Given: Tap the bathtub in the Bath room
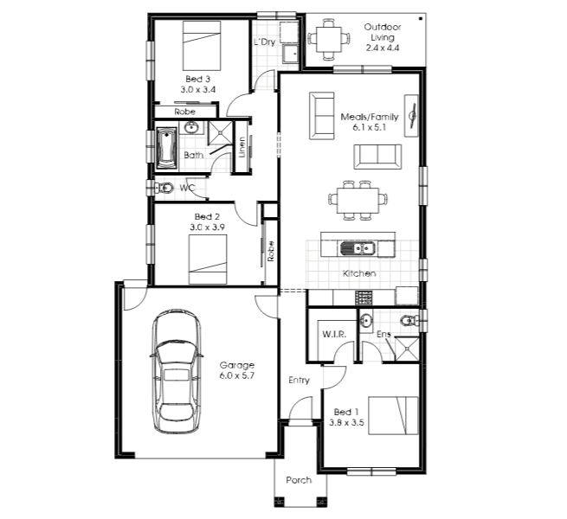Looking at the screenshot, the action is pyautogui.click(x=166, y=148).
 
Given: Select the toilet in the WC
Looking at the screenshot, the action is pyautogui.click(x=164, y=188).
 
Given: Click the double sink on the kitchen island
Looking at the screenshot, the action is pyautogui.click(x=358, y=248).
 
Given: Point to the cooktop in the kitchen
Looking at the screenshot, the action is pyautogui.click(x=364, y=298).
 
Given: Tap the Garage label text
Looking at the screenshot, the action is pyautogui.click(x=237, y=365).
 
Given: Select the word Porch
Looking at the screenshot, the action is pyautogui.click(x=299, y=480).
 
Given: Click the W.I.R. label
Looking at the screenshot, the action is pyautogui.click(x=334, y=334).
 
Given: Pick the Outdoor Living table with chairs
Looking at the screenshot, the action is pyautogui.click(x=329, y=39).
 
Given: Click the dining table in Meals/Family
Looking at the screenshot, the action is pyautogui.click(x=358, y=200).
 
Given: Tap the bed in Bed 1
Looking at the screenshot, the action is pyautogui.click(x=393, y=416).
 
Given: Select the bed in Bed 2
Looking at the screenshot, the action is pyautogui.click(x=208, y=259).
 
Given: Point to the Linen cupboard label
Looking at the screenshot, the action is pyautogui.click(x=242, y=147).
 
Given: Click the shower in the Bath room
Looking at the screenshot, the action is pyautogui.click(x=220, y=132).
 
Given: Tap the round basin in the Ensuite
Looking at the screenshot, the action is pyautogui.click(x=366, y=321).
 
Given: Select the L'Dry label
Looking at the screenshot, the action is pyautogui.click(x=265, y=42).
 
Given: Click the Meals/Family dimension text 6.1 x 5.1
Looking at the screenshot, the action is pyautogui.click(x=369, y=127).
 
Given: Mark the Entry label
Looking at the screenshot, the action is pyautogui.click(x=299, y=381).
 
